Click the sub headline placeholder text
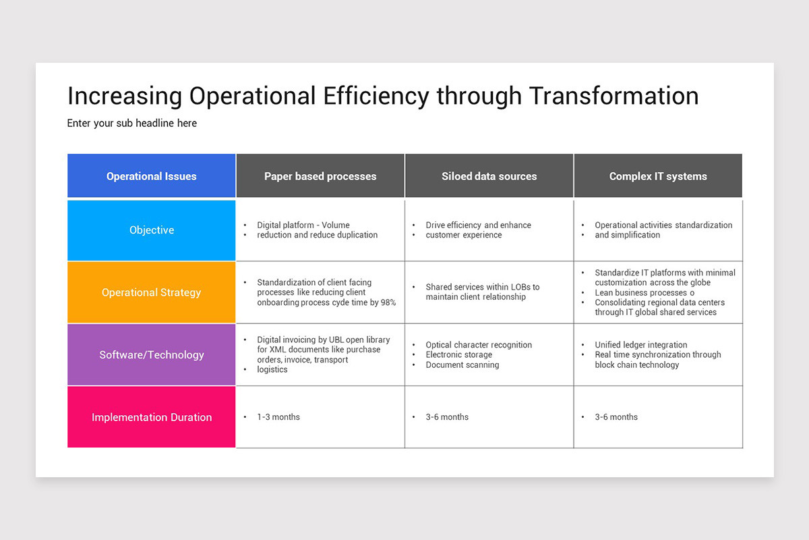click(132, 124)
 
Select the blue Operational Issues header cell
click(152, 176)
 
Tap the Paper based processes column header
click(320, 176)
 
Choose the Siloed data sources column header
click(489, 176)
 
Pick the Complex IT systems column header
click(658, 176)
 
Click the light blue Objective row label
click(152, 230)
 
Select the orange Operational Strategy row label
click(152, 292)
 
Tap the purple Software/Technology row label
click(152, 355)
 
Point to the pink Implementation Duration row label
click(152, 417)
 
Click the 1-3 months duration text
click(278, 417)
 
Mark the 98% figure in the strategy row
click(388, 302)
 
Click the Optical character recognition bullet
click(479, 345)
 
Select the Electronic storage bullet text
click(459, 355)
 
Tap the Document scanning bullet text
click(462, 365)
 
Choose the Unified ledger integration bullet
click(641, 345)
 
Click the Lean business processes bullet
click(645, 293)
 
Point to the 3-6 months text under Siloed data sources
click(447, 417)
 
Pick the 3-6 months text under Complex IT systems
click(616, 417)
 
